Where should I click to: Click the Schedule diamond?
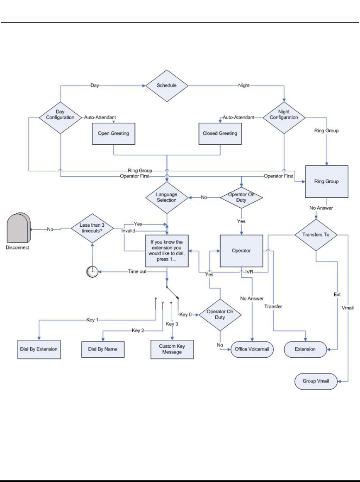pyautogui.click(x=166, y=86)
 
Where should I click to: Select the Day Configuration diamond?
pyautogui.click(x=60, y=114)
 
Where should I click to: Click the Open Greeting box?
pyautogui.click(x=113, y=133)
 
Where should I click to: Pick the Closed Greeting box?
pyautogui.click(x=220, y=133)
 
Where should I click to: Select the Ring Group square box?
pyautogui.click(x=326, y=181)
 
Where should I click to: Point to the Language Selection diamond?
pyautogui.click(x=166, y=197)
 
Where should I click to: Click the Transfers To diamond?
pyautogui.click(x=316, y=235)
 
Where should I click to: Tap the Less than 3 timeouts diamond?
pyautogui.click(x=92, y=229)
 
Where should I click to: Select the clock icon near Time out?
pyautogui.click(x=92, y=272)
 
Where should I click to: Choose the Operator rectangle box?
pyautogui.click(x=241, y=251)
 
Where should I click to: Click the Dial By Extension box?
pyautogui.click(x=39, y=349)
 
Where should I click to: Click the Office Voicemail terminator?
pyautogui.click(x=252, y=349)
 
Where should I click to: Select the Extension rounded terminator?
pyautogui.click(x=305, y=349)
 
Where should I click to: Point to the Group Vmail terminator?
pyautogui.click(x=315, y=381)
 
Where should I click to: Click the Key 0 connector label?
pyautogui.click(x=185, y=314)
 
